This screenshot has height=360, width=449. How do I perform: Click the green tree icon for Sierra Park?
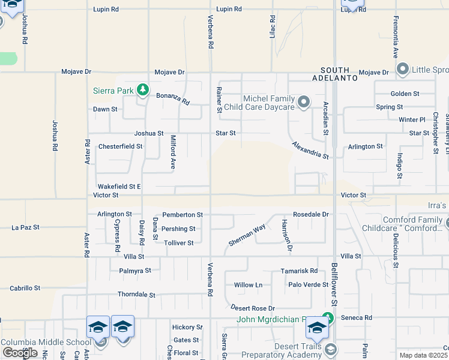coord(142,91)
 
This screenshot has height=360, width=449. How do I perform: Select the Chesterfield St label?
coord(120,146)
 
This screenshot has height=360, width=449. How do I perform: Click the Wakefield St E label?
coord(119,187)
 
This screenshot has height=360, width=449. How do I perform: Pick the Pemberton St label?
coord(182,214)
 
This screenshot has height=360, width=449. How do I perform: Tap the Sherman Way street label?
coord(247,235)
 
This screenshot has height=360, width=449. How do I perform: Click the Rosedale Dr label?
coord(311,214)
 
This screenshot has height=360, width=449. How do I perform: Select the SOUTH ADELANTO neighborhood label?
coord(334,74)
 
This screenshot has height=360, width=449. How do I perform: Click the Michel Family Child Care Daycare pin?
coord(304,102)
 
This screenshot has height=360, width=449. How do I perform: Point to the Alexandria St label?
coord(310,151)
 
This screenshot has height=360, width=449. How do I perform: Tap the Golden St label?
coord(405,94)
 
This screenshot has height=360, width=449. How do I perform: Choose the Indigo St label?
coord(399,166)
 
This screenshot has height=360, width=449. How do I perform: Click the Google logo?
coord(19,353)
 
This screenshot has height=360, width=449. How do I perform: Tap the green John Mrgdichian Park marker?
coord(327,317)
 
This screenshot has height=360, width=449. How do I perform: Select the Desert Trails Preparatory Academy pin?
coord(330,349)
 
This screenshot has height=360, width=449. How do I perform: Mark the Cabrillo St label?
coord(25,288)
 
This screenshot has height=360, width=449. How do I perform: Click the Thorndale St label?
coord(136,295)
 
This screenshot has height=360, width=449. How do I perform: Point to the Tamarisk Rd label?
coord(299,271)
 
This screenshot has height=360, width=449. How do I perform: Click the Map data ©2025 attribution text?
coord(423,355)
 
